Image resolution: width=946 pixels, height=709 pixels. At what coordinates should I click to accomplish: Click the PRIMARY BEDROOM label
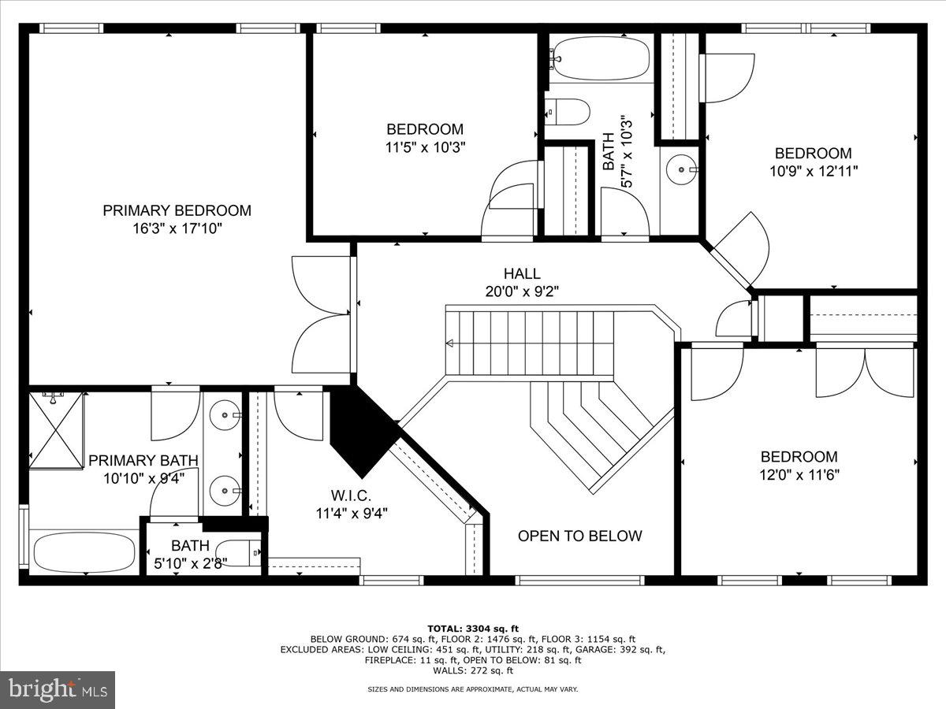click(x=177, y=210)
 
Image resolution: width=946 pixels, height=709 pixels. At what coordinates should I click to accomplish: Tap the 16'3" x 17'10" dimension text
click(x=177, y=229)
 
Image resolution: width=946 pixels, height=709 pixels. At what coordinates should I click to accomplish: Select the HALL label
click(x=522, y=273)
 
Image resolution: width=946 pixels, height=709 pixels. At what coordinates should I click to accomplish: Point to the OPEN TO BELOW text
click(x=579, y=536)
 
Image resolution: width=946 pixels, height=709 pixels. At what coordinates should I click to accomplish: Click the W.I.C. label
click(x=351, y=495)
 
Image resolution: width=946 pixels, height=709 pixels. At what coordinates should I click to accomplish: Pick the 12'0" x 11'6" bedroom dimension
click(x=799, y=475)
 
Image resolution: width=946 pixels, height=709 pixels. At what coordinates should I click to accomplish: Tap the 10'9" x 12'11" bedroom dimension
click(x=813, y=170)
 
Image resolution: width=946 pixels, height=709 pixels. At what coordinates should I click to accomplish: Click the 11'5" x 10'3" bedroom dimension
click(x=425, y=147)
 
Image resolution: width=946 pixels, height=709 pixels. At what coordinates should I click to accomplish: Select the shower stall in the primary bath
click(x=56, y=430)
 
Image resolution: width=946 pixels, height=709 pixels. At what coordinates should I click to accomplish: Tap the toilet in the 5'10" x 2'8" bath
click(x=239, y=553)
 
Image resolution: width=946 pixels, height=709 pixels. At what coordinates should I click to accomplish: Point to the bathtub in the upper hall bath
click(x=600, y=58)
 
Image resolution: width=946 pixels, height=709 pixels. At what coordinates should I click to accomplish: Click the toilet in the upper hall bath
click(x=568, y=112)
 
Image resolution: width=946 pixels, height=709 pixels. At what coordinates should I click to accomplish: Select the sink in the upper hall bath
click(x=680, y=169)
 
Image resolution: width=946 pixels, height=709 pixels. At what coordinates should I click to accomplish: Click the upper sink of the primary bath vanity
click(x=225, y=412)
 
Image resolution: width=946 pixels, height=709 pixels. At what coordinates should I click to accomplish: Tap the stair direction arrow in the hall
click(x=450, y=343)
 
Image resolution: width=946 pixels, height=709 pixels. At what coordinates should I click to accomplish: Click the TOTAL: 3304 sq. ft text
click(x=473, y=628)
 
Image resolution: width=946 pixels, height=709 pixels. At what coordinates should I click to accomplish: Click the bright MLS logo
click(x=58, y=690)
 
